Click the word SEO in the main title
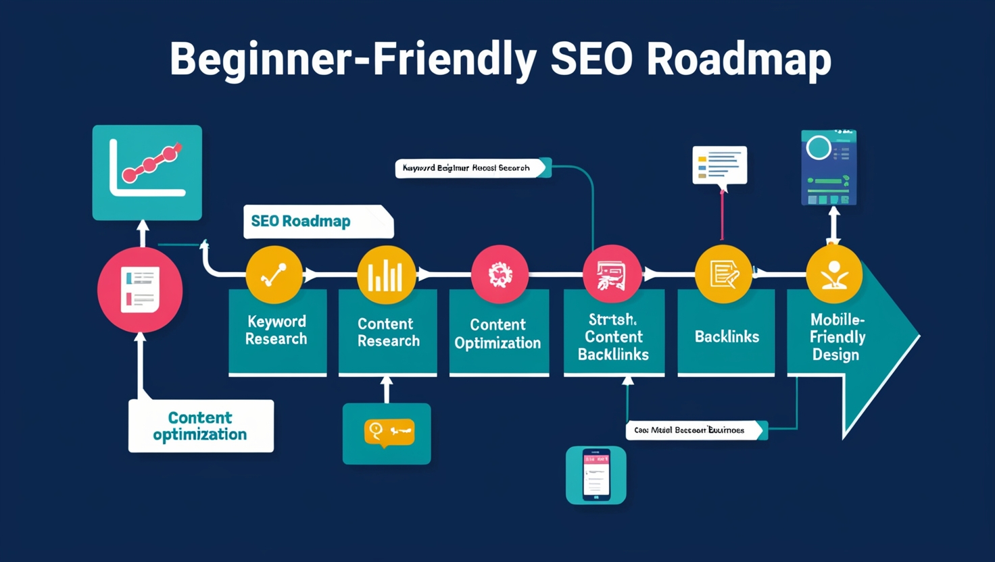click(591, 59)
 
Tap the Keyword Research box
click(276, 330)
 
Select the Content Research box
click(388, 332)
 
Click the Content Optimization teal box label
click(497, 334)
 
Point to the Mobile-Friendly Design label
click(836, 337)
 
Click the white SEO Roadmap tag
click(318, 222)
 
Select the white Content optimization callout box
click(201, 426)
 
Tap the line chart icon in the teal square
click(147, 172)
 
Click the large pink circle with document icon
click(140, 290)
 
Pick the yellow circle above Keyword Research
click(274, 274)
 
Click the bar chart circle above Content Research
click(386, 274)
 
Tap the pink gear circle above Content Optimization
click(500, 274)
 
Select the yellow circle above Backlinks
click(723, 274)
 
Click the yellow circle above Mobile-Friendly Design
click(834, 274)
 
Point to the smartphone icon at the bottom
click(596, 475)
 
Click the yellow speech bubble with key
click(389, 432)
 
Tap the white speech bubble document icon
click(719, 165)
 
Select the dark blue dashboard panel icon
click(829, 168)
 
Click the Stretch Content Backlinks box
click(614, 336)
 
